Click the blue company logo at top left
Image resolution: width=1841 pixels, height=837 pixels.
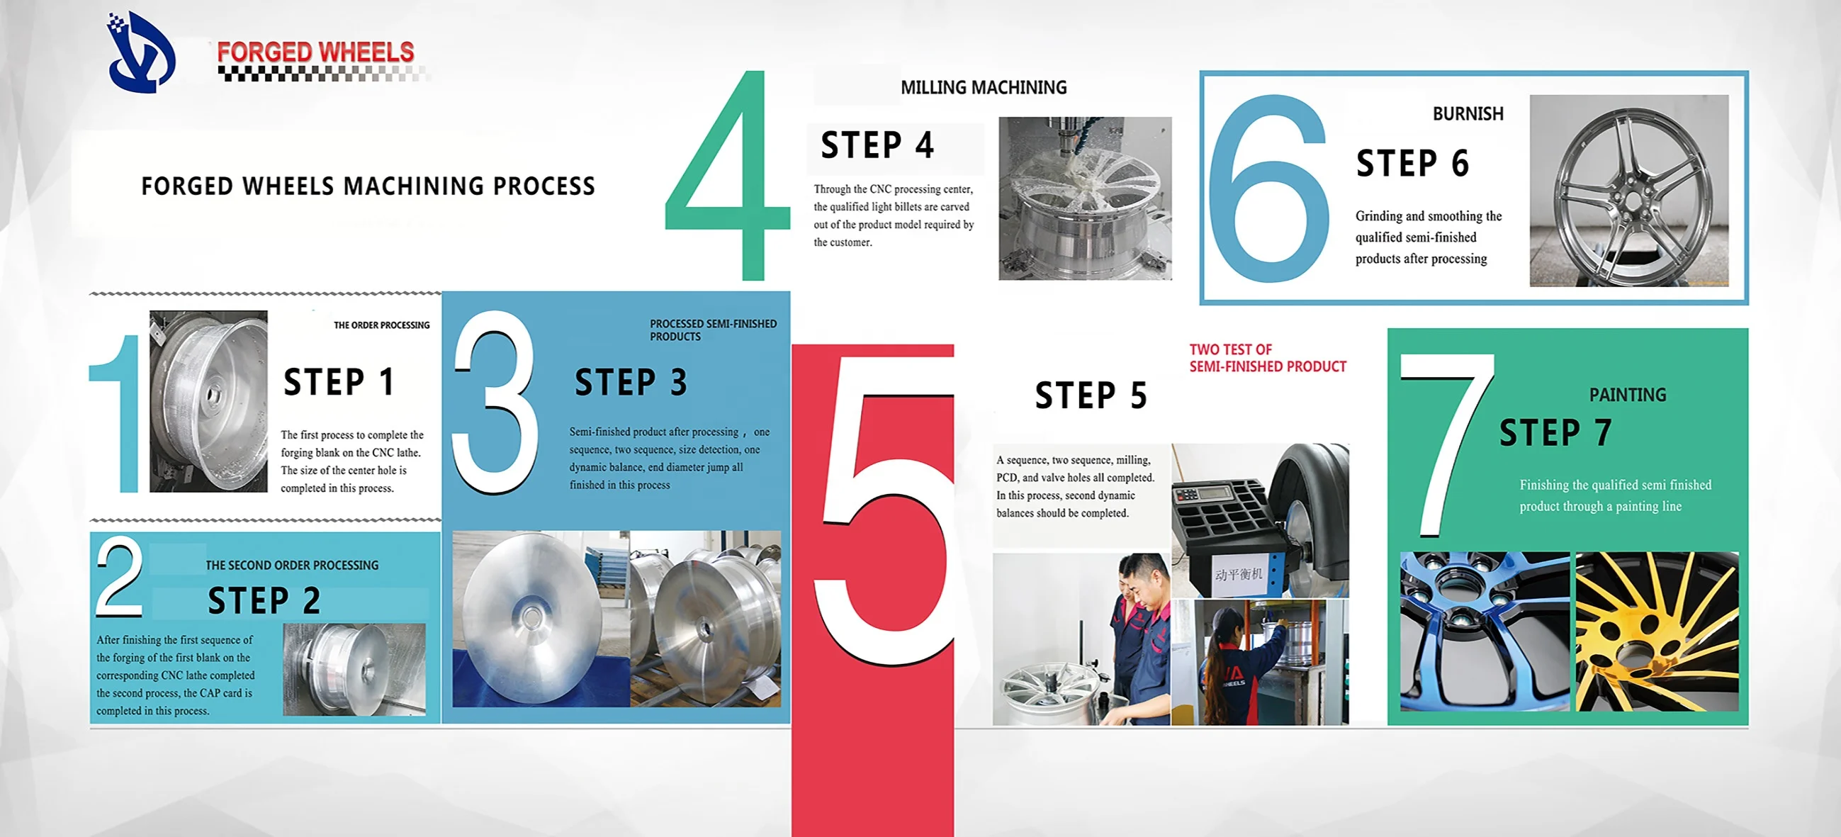[140, 52]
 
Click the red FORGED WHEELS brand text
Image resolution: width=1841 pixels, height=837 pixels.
[315, 52]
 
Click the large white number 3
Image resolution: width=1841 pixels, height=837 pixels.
[495, 402]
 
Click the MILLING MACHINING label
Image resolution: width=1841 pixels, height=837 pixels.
[984, 87]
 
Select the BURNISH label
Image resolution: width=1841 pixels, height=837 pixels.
[1468, 113]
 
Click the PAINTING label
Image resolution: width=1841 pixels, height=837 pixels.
[1627, 395]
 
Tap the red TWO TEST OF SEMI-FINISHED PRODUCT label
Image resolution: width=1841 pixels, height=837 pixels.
[1267, 358]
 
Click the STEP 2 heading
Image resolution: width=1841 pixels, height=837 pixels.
[264, 600]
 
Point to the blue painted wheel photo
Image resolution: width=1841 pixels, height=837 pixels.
[1485, 631]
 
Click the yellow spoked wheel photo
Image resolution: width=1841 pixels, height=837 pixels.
[1657, 631]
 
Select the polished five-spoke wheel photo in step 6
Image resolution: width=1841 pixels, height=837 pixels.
[1628, 191]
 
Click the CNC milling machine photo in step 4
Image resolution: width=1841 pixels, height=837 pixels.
[1085, 198]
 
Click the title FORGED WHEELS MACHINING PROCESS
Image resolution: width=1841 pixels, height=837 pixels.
[368, 186]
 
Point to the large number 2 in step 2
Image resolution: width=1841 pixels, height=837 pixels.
[119, 576]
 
